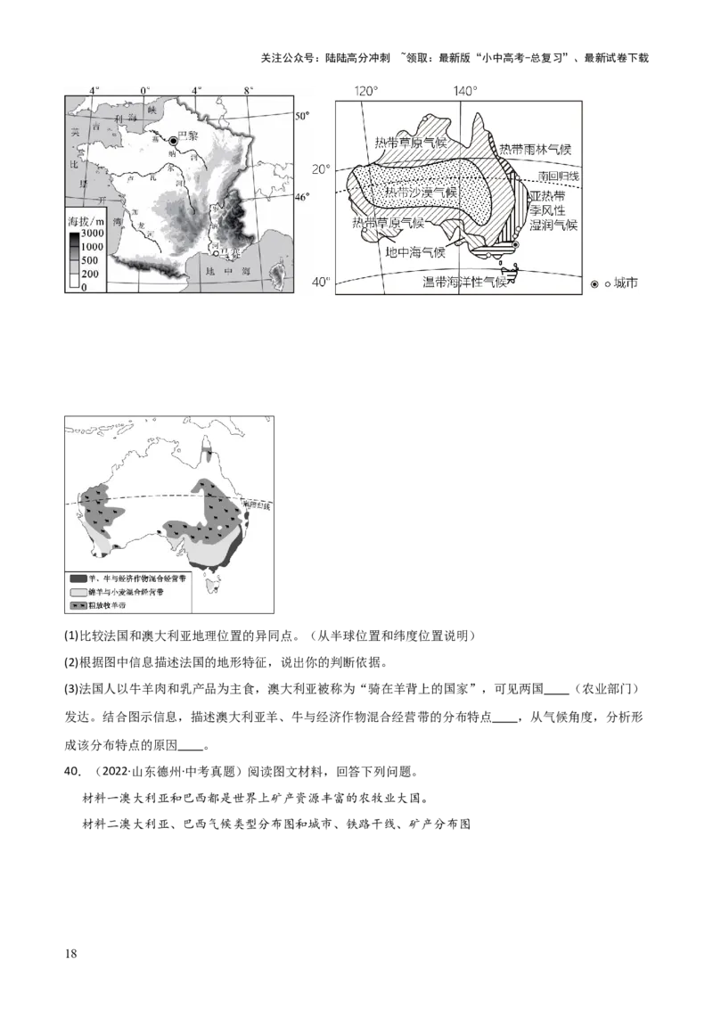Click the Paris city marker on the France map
174,140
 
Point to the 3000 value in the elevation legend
93,234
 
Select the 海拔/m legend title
86,219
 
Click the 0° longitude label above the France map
145,91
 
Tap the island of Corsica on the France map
278,267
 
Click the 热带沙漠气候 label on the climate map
421,193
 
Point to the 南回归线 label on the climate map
558,176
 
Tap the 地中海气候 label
415,252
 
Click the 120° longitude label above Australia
365,92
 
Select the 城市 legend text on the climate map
627,283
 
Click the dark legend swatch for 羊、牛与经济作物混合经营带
78,578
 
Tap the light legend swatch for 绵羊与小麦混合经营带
78,592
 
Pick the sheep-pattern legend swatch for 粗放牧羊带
78,606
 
